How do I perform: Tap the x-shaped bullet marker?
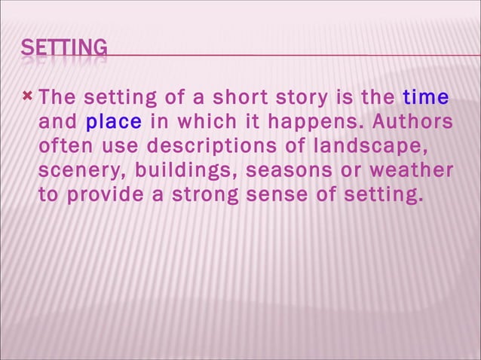(x=28, y=96)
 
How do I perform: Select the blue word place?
(x=114, y=122)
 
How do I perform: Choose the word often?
(x=63, y=146)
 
